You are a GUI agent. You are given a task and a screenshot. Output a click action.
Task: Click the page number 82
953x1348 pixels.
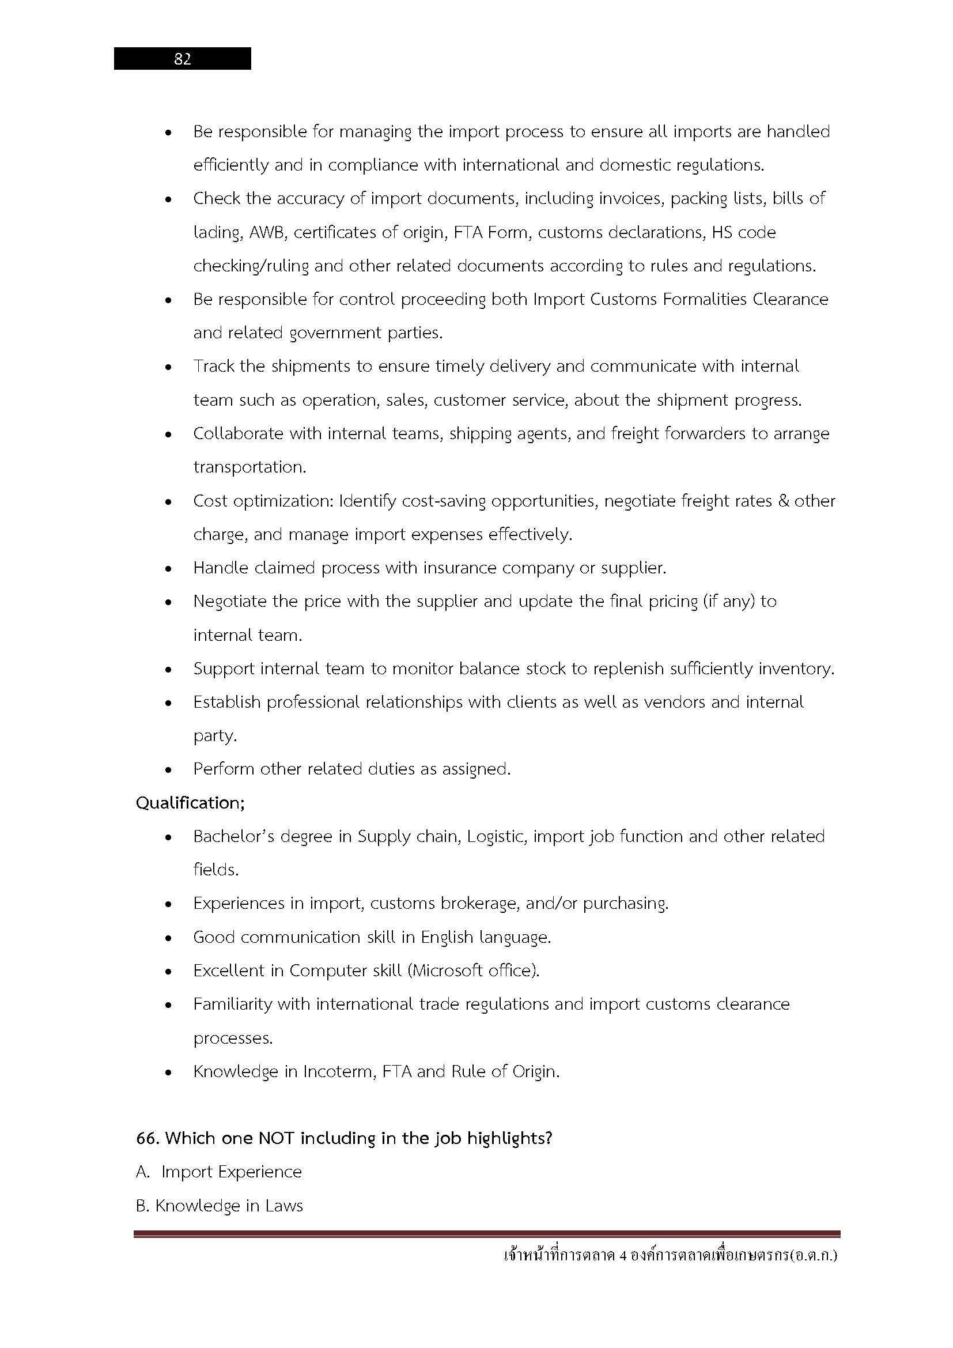tap(183, 59)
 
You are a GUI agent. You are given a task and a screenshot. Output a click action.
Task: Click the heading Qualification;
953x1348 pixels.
tap(190, 803)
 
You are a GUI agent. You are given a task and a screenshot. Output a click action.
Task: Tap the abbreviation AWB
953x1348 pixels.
tap(267, 232)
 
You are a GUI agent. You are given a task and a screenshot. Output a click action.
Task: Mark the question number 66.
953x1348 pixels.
tap(148, 1138)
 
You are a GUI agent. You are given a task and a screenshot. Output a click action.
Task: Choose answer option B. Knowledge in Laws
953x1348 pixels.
tap(220, 1205)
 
